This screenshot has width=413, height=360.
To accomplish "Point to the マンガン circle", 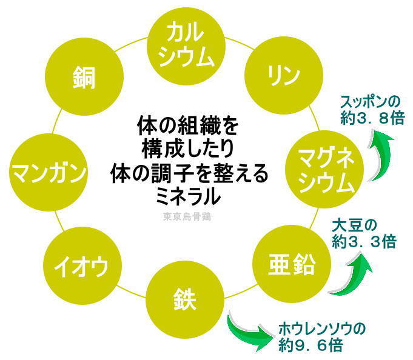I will click(x=48, y=172).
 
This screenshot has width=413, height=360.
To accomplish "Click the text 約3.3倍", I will click(x=363, y=242).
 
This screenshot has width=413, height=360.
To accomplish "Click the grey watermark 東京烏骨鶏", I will click(x=187, y=215).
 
